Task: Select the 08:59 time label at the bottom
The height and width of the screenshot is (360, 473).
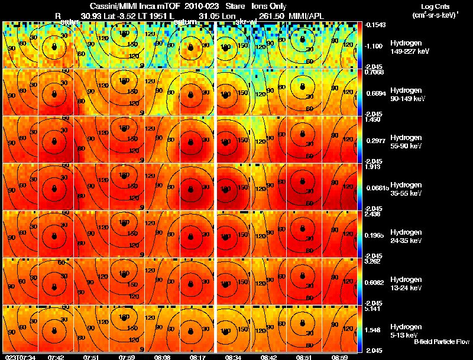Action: [339, 357]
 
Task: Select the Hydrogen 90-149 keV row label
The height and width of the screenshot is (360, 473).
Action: [408, 95]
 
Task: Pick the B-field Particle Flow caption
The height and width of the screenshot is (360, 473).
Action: [442, 342]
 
